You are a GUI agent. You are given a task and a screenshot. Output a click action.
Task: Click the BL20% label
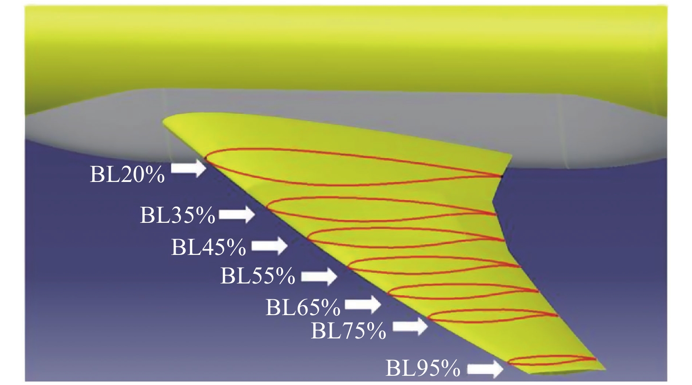[x=127, y=174]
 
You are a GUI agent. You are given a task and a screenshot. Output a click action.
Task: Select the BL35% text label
[x=178, y=215]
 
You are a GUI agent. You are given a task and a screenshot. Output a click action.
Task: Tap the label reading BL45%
[x=208, y=247]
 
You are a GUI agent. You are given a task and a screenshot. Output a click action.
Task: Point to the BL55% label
[x=257, y=276]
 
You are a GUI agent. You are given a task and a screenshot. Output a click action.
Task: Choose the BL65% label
[x=303, y=307]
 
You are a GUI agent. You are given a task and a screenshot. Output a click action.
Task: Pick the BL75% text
[x=348, y=331]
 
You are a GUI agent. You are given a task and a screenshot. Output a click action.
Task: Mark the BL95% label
[x=423, y=368]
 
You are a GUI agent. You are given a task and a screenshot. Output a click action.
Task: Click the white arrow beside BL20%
[x=188, y=168]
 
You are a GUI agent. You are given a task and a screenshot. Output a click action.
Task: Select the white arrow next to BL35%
[x=236, y=214]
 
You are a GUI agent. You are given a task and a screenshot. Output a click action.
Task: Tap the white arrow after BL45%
[x=269, y=246]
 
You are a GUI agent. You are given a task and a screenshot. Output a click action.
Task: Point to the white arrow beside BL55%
[x=319, y=276]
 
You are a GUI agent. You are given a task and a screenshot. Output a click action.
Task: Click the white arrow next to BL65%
[x=362, y=305]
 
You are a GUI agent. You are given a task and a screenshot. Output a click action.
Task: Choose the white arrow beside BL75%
[x=409, y=327]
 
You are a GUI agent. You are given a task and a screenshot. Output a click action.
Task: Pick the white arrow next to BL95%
[x=485, y=369]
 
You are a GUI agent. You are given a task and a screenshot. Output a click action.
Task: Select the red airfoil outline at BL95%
[x=549, y=356]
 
